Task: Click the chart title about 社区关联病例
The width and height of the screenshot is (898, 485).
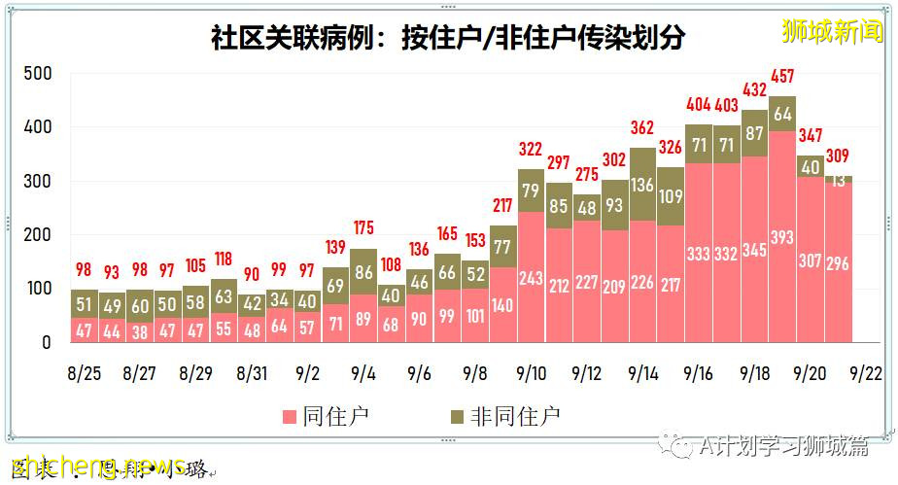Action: [x=447, y=38]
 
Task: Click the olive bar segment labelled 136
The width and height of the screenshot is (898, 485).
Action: [x=642, y=184]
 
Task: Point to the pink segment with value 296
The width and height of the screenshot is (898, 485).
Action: [x=839, y=262]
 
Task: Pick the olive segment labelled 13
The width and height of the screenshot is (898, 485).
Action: [x=839, y=180]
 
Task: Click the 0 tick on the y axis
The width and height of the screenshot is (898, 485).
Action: [x=46, y=342]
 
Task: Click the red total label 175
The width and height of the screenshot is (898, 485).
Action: [x=363, y=229]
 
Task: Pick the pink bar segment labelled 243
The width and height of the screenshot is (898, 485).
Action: [x=531, y=277]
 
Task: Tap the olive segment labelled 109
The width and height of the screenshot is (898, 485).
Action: [x=671, y=196]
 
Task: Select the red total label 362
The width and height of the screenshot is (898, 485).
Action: [x=642, y=127]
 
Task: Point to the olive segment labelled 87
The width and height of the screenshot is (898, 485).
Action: [x=755, y=133]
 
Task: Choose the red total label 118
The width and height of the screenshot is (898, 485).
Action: [x=224, y=260]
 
